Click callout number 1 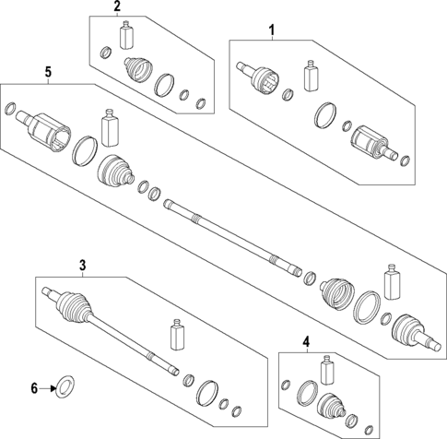tap(272, 31)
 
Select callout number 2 tap(117, 8)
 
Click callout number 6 tap(35, 388)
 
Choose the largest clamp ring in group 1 tap(325, 117)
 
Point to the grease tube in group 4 tap(326, 373)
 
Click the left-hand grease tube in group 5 tap(110, 125)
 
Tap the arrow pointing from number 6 tap(50, 388)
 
